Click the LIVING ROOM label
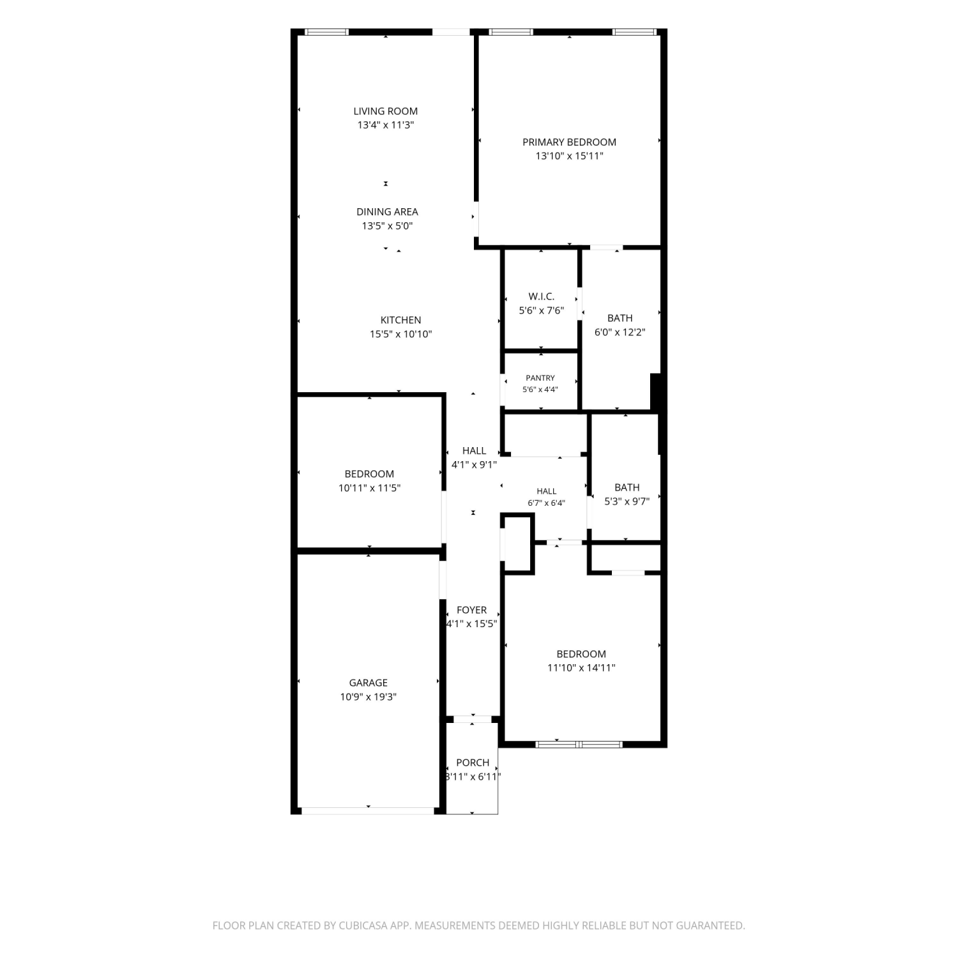click(386, 111)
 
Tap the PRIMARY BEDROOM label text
click(570, 142)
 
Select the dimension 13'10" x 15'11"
click(570, 156)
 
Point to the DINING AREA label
click(388, 211)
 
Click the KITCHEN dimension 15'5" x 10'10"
click(401, 334)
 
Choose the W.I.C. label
click(542, 296)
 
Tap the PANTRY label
click(540, 378)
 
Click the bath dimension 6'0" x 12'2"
click(620, 332)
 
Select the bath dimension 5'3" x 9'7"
click(627, 501)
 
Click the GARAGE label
click(369, 683)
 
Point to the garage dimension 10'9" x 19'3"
click(369, 697)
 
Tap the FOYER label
click(472, 610)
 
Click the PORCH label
click(473, 763)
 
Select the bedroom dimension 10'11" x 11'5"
click(370, 488)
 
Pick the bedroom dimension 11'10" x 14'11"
click(581, 668)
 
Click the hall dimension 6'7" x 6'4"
click(547, 503)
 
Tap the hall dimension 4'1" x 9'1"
click(474, 465)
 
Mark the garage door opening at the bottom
click(368, 810)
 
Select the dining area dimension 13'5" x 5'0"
click(388, 225)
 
